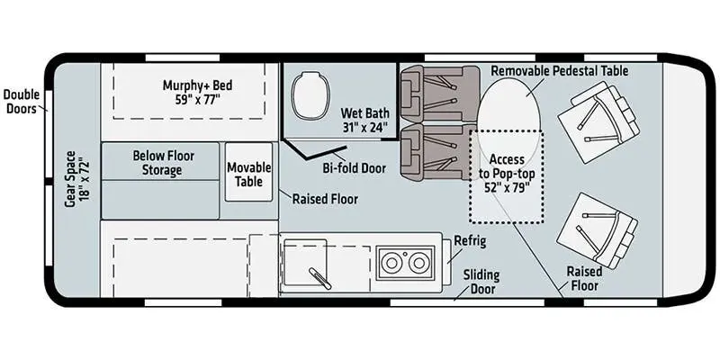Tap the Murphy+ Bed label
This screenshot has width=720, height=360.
point(197,93)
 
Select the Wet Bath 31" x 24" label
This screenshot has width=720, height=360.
point(364,121)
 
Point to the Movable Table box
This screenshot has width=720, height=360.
point(248,173)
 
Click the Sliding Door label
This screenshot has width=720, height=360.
point(481,281)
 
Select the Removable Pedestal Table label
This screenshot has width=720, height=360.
point(559,70)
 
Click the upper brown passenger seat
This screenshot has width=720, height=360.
point(427,93)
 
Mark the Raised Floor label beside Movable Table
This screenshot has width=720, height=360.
point(325,199)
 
